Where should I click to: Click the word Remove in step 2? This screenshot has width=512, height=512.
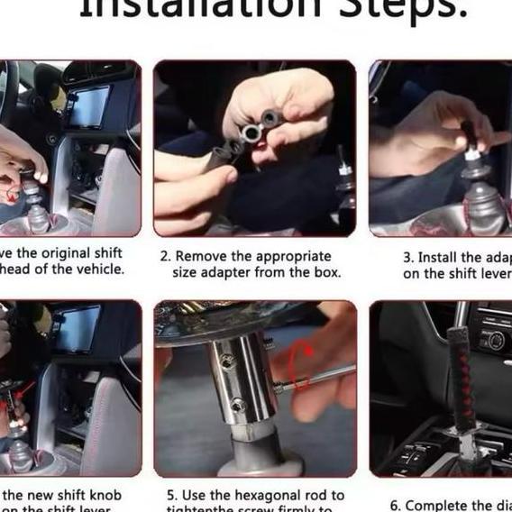(x=200, y=256)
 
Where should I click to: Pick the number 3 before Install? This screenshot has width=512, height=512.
(x=407, y=258)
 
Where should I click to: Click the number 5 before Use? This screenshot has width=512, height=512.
(x=170, y=495)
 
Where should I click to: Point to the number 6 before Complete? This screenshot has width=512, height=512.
(x=395, y=506)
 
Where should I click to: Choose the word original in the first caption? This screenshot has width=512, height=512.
(x=55, y=252)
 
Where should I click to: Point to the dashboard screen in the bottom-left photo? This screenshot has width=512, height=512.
(x=79, y=329)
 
